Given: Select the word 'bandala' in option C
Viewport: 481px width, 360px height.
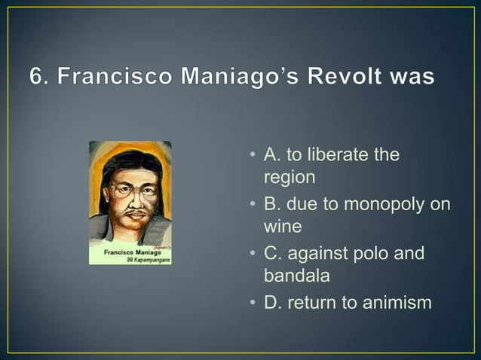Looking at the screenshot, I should [x=296, y=276].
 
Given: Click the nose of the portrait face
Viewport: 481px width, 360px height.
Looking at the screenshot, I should [x=134, y=199].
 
